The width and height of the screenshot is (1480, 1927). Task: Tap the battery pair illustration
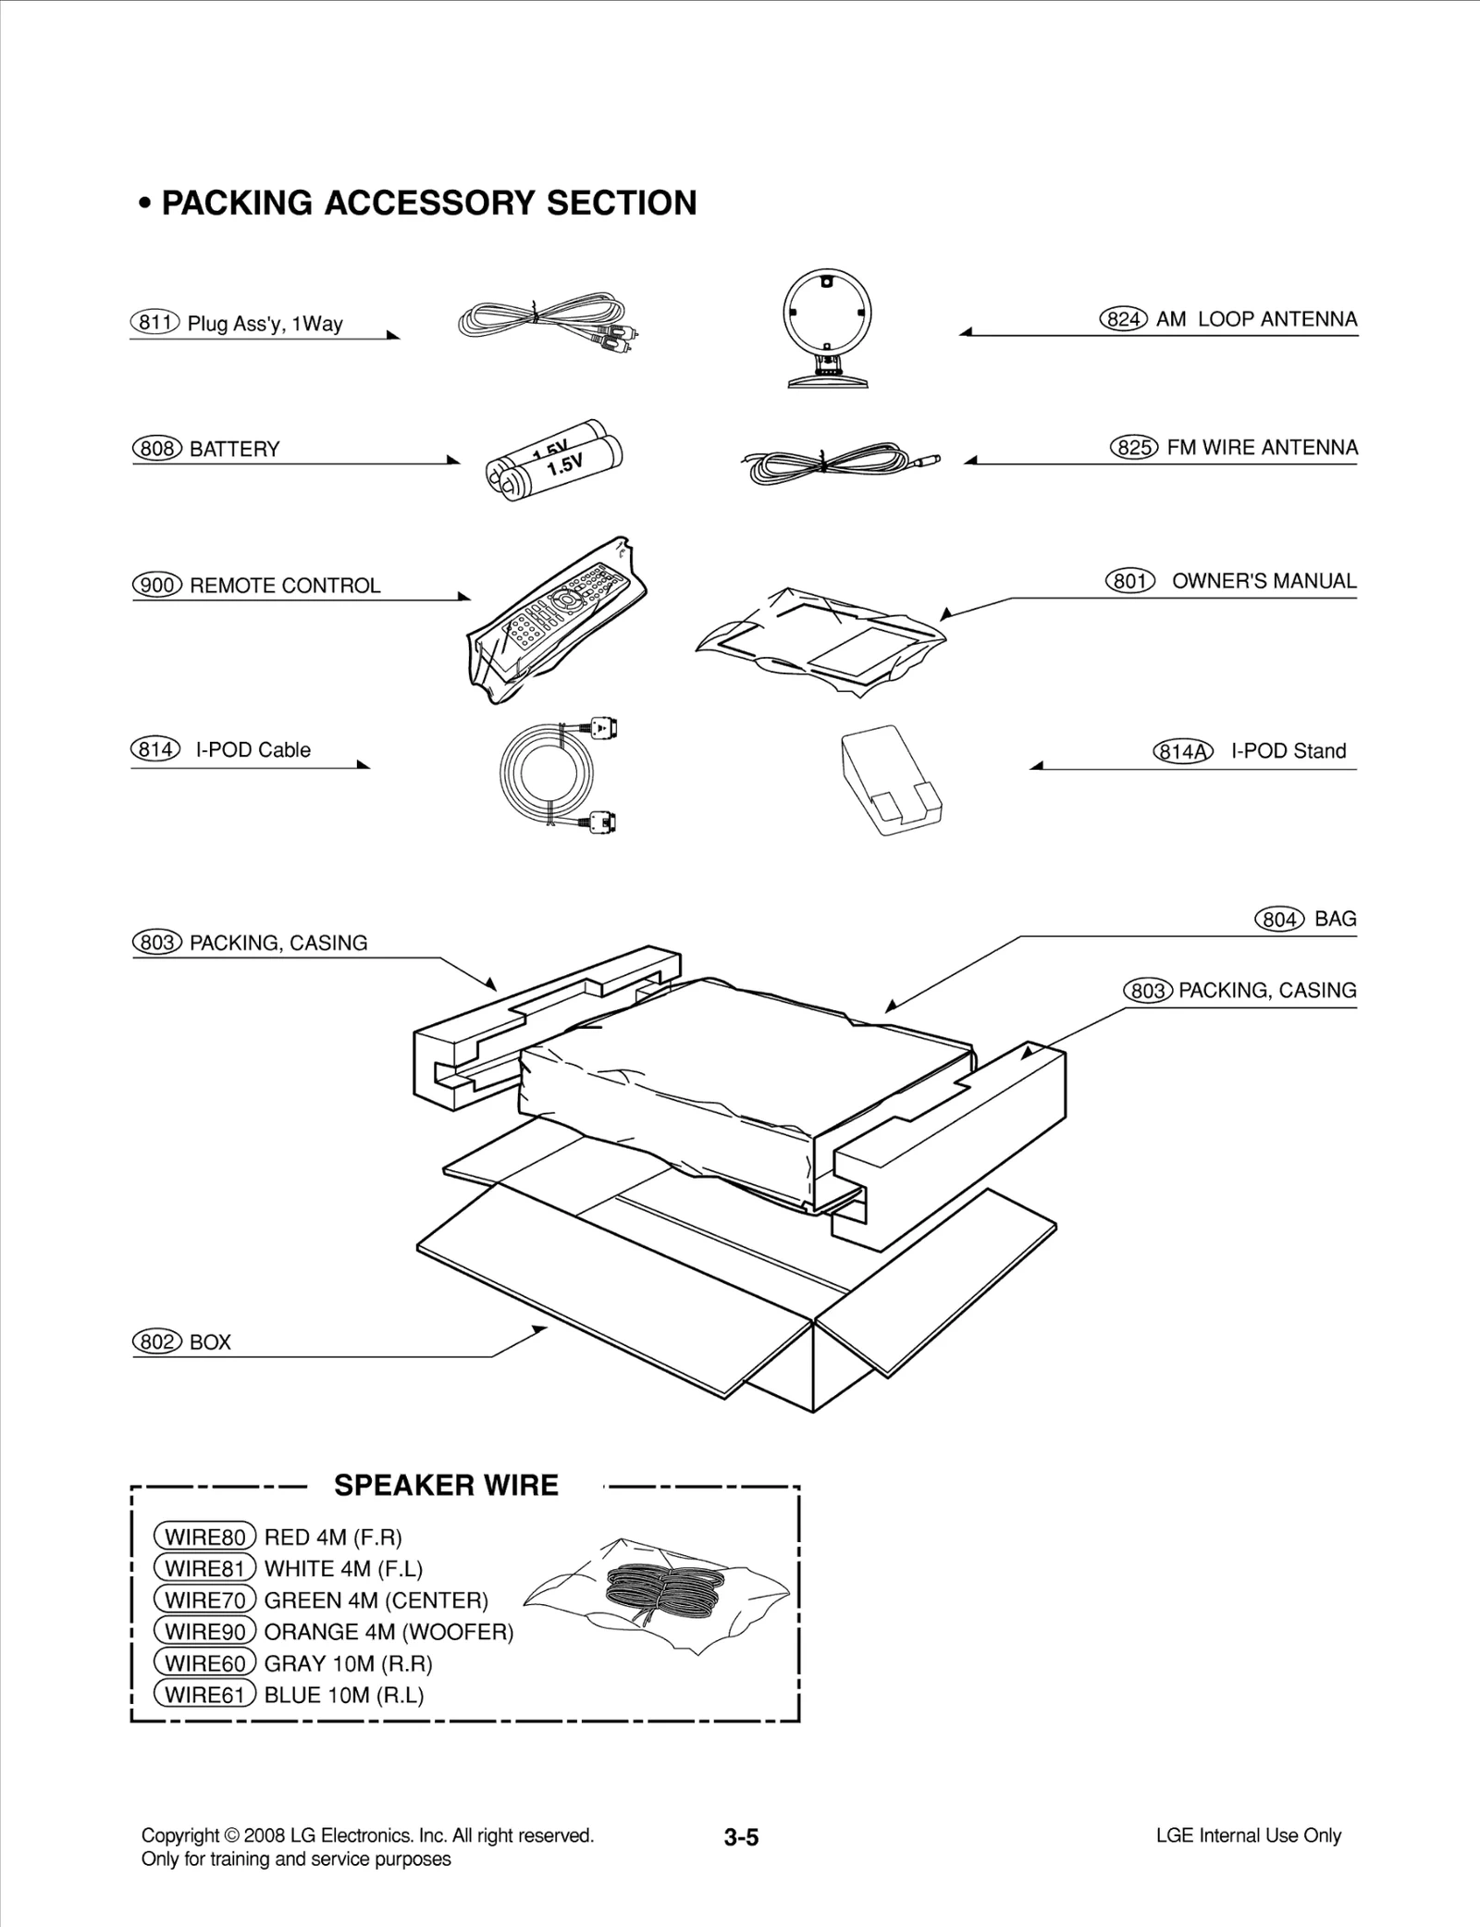coord(554,460)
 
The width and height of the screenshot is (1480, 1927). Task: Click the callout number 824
coord(1123,319)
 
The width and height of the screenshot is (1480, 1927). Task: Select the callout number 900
coord(157,586)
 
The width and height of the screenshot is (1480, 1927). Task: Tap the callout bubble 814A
coord(1182,751)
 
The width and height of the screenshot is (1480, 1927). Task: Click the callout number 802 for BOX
coord(157,1341)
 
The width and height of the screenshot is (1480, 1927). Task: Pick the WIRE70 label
coord(204,1600)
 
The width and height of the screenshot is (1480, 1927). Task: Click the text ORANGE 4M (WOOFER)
coord(388,1632)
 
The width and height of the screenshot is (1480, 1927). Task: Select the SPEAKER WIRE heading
coord(446,1485)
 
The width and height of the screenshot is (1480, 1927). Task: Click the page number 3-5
coord(741,1837)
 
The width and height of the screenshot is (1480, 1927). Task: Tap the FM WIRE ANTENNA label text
coord(1262,448)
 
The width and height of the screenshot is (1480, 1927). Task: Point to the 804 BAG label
coord(1305,919)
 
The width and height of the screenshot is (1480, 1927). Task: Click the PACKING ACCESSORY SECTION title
coord(428,203)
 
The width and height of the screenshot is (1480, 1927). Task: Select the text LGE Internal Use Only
coord(1248,1835)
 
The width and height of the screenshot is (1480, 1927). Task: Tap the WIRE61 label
coord(204,1695)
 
